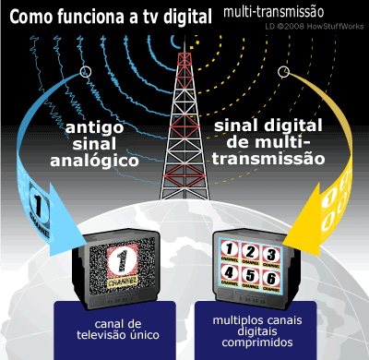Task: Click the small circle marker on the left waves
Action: point(86,72)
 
